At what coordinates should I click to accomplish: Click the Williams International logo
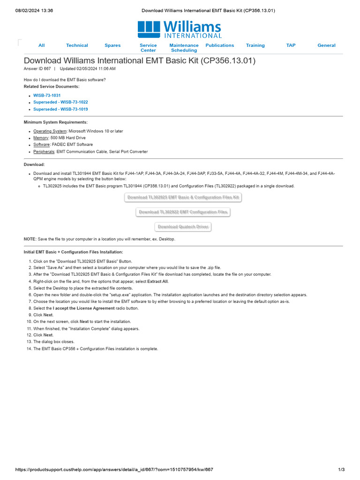(180, 29)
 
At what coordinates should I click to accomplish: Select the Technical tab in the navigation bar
(77, 45)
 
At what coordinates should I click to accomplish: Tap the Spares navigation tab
(112, 45)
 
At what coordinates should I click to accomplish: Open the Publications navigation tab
(219, 45)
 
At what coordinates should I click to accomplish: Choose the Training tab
(255, 45)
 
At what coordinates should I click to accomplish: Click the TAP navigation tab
(291, 45)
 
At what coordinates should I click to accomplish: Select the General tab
(326, 45)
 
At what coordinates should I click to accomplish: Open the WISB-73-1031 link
(47, 95)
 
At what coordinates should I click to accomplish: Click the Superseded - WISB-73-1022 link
(60, 102)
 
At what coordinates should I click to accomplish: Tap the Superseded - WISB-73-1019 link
(60, 109)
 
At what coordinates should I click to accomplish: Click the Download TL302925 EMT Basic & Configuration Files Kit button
(183, 197)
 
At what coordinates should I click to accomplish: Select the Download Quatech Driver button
(183, 227)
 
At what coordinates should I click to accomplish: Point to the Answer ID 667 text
(37, 68)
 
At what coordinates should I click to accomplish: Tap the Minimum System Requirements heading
(55, 122)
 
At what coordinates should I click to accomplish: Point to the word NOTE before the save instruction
(30, 239)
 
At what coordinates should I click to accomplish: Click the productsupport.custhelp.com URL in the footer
(115, 470)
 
